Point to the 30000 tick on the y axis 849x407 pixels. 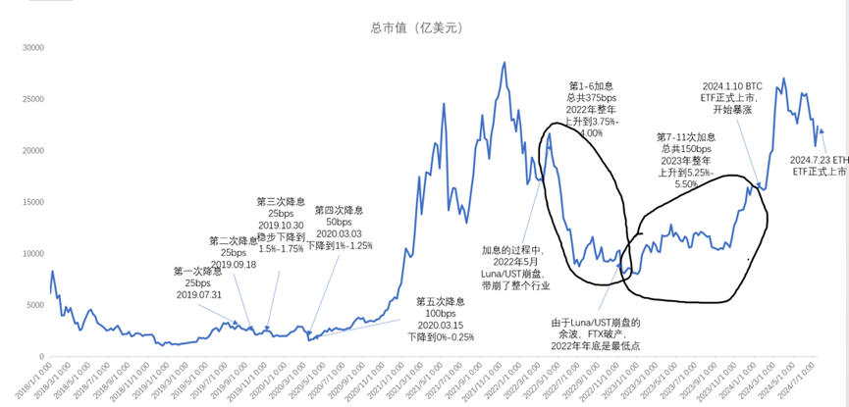pyautogui.click(x=35, y=47)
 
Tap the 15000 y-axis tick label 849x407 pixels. pyautogui.click(x=35, y=202)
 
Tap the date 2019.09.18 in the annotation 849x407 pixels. pyautogui.click(x=234, y=263)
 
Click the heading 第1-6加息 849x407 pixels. pyautogui.click(x=592, y=86)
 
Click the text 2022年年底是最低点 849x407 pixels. pyautogui.click(x=595, y=346)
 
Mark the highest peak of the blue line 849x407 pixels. pyautogui.click(x=504, y=63)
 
